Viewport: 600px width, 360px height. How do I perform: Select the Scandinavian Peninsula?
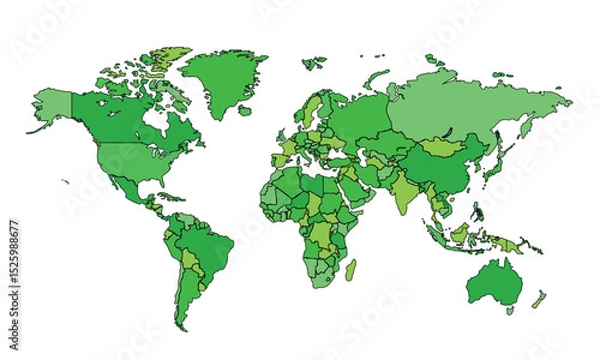tap(316, 110)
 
